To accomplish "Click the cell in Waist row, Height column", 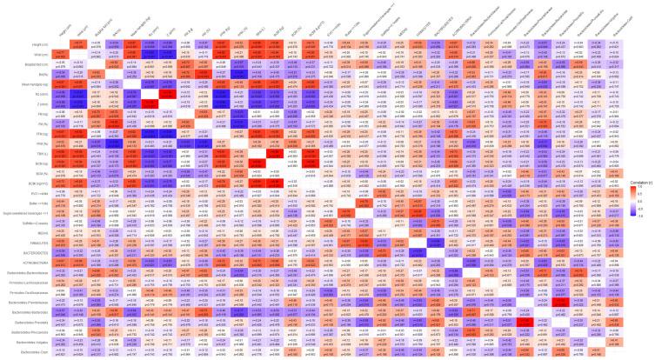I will click(61, 54).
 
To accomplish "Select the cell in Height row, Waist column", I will click(77, 43).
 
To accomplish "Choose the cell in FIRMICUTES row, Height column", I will click(61, 244).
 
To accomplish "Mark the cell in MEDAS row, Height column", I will click(61, 235).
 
